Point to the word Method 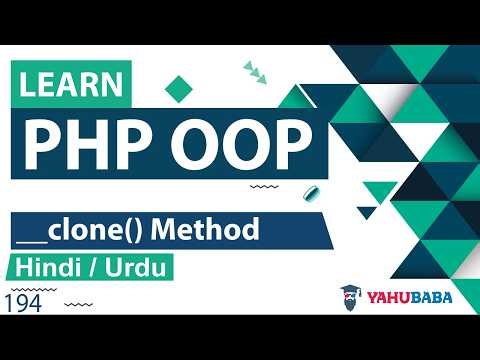214,230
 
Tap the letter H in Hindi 23,270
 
